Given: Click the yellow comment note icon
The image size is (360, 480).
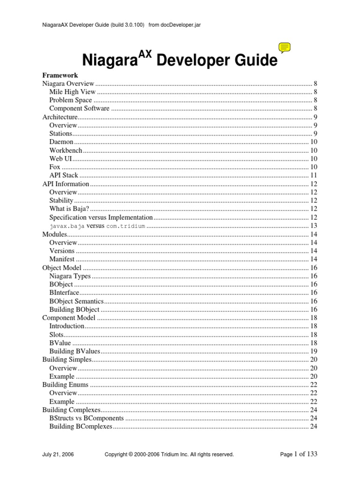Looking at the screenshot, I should (x=285, y=47).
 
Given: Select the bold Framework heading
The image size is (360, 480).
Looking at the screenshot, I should (x=60, y=75).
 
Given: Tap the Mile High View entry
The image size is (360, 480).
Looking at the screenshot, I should (x=72, y=92).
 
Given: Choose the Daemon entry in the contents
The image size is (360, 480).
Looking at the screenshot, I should (x=61, y=142).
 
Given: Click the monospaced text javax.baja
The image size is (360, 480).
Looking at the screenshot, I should (x=67, y=225).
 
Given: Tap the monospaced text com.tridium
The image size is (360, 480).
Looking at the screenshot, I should (x=126, y=225).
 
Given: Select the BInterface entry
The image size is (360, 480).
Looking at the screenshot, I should (x=64, y=292).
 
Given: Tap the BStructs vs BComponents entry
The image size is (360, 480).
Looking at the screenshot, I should (x=86, y=418).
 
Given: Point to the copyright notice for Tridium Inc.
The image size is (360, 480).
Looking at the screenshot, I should (x=169, y=454).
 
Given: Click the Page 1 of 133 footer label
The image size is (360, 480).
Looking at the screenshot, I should (x=298, y=454).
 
